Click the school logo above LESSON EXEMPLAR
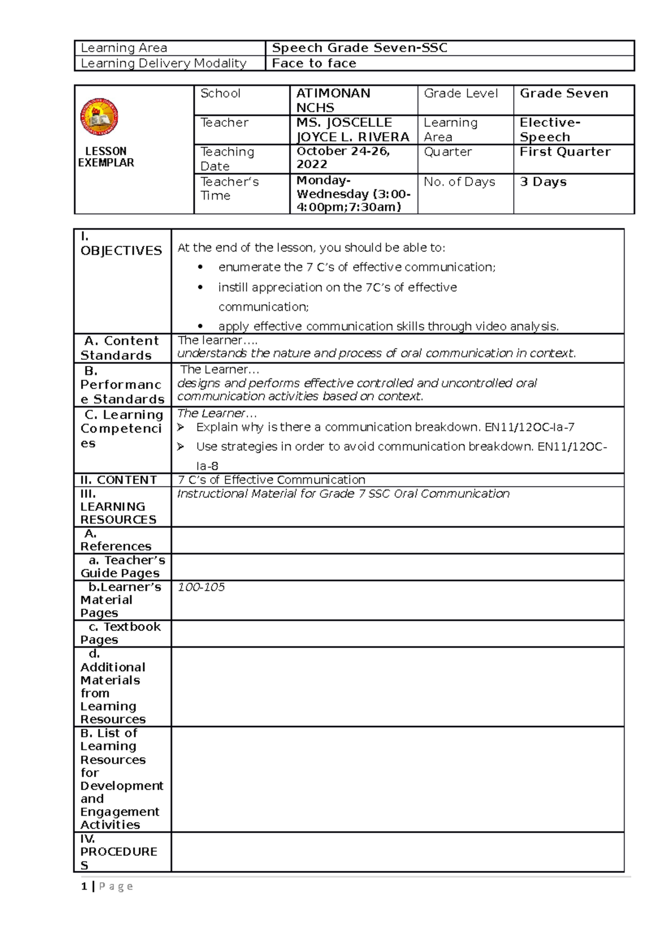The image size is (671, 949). point(99,117)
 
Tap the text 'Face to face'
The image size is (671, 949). point(314,64)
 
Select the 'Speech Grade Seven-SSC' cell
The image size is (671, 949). point(359,48)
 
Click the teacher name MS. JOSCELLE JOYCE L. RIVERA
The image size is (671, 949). point(352,130)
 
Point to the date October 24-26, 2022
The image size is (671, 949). point(343,158)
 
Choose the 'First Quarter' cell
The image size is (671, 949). point(565,152)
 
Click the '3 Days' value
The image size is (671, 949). point(543,182)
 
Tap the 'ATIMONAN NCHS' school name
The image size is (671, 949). point(333,101)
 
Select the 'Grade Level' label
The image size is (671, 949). point(461,93)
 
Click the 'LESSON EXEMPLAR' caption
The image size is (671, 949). point(106,157)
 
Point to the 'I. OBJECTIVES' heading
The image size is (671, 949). point(121,245)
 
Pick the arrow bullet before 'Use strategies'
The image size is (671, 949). point(181,447)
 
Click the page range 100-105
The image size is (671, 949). point(201,587)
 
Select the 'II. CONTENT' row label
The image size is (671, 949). point(119,480)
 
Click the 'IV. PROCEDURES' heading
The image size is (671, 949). point(119,852)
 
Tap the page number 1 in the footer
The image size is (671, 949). point(84,886)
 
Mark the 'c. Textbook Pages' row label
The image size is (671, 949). point(120,633)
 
